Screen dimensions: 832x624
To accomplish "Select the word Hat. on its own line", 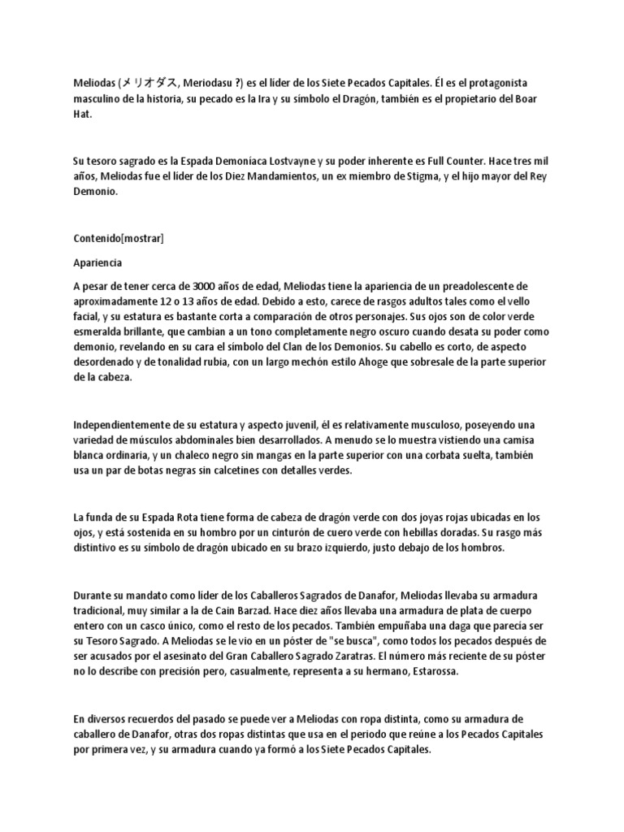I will (81, 115).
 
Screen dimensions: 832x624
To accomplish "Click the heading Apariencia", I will (98, 263).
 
